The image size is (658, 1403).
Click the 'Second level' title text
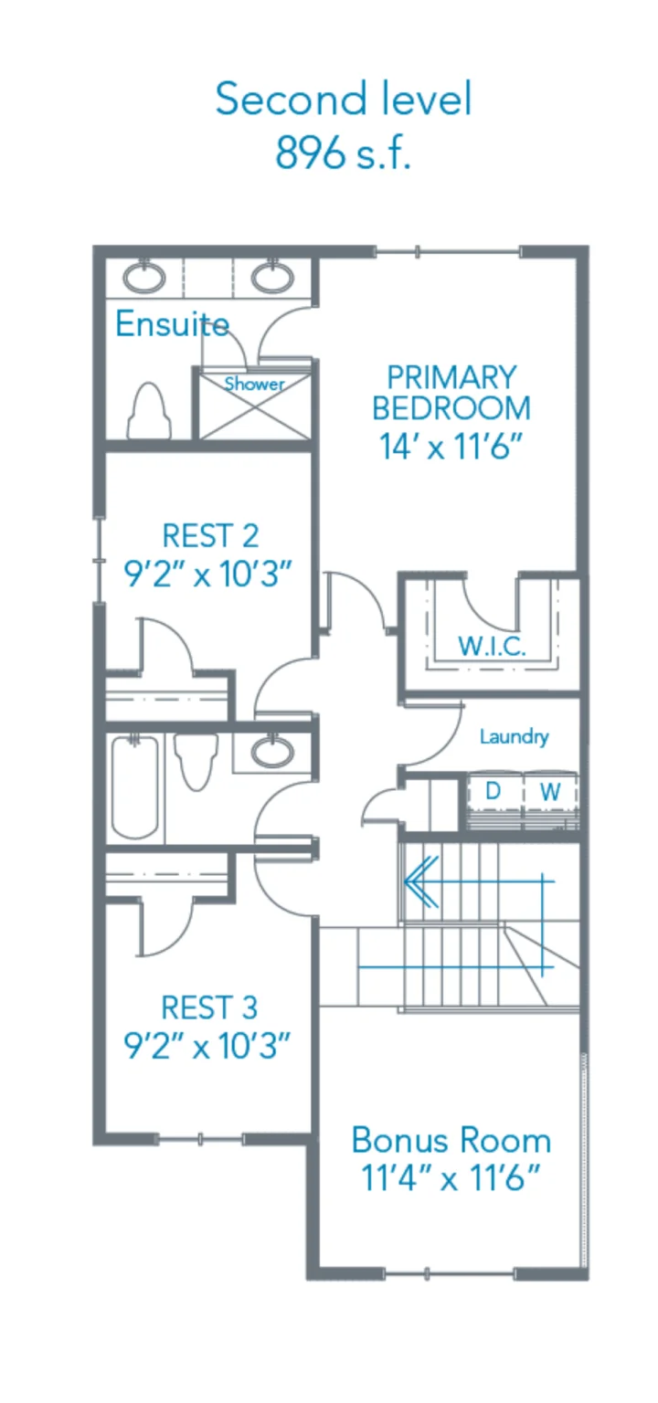click(x=343, y=99)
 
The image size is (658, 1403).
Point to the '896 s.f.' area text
click(x=343, y=153)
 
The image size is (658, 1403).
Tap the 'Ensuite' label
click(x=173, y=324)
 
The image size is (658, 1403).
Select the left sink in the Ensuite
click(x=144, y=278)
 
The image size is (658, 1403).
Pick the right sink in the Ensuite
click(x=272, y=278)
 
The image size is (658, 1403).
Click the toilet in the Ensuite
click(x=149, y=411)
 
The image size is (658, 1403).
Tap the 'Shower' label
click(x=254, y=384)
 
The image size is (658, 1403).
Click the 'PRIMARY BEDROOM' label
click(x=451, y=393)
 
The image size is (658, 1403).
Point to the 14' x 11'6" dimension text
click(x=451, y=447)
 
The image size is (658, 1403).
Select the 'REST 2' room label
click(x=210, y=535)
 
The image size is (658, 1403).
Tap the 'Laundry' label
click(x=514, y=736)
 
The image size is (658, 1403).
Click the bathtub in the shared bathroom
click(x=134, y=787)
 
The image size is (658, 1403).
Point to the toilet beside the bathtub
click(x=196, y=761)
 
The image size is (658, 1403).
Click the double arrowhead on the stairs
click(x=421, y=881)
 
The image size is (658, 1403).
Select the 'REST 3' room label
click(x=209, y=1007)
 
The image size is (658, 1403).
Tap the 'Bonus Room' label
click(x=451, y=1141)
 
